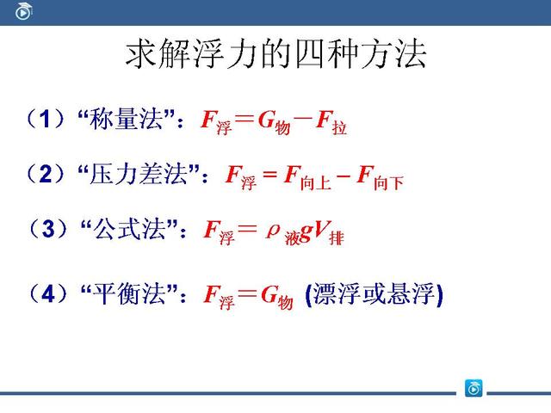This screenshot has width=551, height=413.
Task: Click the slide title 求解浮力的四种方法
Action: (275, 55)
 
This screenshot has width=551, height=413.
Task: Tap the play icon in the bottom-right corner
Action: (473, 388)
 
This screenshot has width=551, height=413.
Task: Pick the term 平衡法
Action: (134, 294)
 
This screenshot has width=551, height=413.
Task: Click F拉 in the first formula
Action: (331, 122)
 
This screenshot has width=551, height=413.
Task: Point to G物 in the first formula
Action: (275, 122)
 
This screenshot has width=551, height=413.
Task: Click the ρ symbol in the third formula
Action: (274, 229)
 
